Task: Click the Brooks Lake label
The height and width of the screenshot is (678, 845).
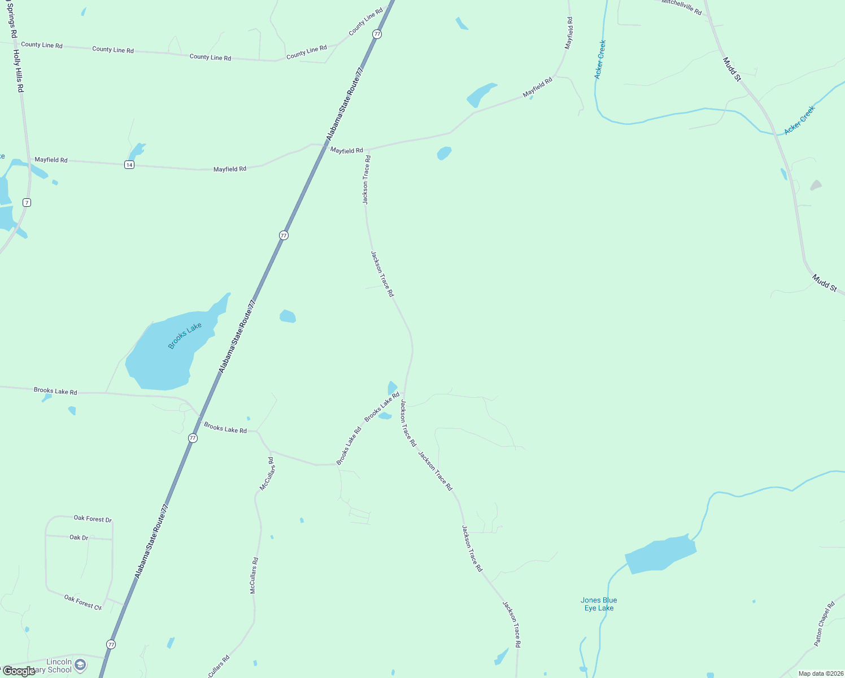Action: pyautogui.click(x=185, y=336)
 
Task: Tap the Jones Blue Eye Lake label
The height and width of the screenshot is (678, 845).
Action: pyautogui.click(x=599, y=604)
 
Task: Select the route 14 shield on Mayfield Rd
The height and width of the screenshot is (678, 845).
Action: pyautogui.click(x=129, y=164)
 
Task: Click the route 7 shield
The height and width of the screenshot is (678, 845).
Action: pyautogui.click(x=27, y=202)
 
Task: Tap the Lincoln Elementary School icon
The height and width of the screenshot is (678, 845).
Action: pyautogui.click(x=80, y=665)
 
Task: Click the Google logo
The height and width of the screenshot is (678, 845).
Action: pyautogui.click(x=19, y=671)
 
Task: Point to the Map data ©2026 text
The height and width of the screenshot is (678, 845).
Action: pyautogui.click(x=820, y=673)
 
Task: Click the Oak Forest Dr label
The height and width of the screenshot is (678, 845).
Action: pyautogui.click(x=93, y=519)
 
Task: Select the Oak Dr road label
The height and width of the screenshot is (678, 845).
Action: pyautogui.click(x=79, y=537)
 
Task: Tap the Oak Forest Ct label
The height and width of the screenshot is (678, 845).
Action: pyautogui.click(x=82, y=602)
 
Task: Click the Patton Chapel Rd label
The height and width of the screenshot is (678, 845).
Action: pyautogui.click(x=824, y=624)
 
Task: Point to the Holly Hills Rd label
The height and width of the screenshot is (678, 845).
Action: pyautogui.click(x=19, y=71)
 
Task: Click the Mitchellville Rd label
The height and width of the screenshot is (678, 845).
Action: pyautogui.click(x=682, y=7)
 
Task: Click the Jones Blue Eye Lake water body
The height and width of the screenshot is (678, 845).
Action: pyautogui.click(x=660, y=554)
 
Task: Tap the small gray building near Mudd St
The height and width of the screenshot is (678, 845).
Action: pyautogui.click(x=816, y=185)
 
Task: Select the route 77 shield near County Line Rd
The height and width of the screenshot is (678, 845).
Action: pyautogui.click(x=377, y=34)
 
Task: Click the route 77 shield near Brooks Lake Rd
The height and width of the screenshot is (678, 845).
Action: pyautogui.click(x=193, y=438)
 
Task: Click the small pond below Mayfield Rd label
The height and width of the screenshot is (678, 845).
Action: pyautogui.click(x=445, y=153)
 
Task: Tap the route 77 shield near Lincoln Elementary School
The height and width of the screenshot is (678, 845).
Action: pyautogui.click(x=111, y=645)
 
